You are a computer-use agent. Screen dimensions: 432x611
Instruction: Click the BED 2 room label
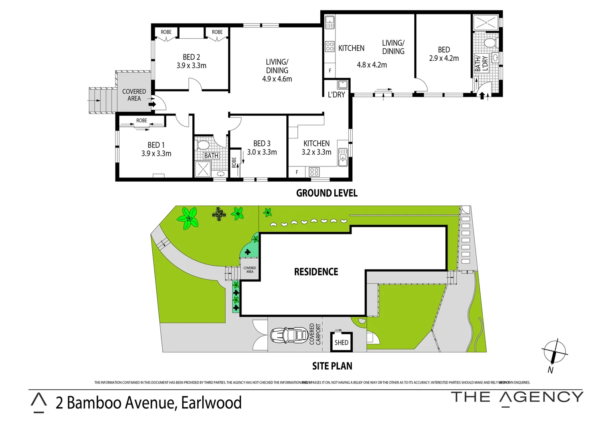tap(191, 57)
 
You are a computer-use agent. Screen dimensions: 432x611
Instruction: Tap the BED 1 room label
tap(156, 145)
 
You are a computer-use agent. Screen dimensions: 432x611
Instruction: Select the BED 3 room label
tap(262, 143)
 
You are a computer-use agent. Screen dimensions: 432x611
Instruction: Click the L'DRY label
tap(336, 95)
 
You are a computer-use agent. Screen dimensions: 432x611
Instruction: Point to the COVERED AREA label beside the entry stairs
tap(134, 95)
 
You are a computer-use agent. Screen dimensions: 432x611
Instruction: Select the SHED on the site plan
tap(341, 342)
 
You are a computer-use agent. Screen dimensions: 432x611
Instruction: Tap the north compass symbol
tap(554, 353)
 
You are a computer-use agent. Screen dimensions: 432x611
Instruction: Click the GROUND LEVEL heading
tap(327, 193)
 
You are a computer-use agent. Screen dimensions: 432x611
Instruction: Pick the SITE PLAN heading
tap(332, 366)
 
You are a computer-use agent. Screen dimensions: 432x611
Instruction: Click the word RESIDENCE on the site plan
tap(316, 272)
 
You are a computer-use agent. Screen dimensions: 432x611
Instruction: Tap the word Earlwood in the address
tap(211, 402)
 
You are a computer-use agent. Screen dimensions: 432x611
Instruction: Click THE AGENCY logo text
tap(517, 397)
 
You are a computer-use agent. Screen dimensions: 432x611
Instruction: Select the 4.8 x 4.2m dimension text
tap(372, 65)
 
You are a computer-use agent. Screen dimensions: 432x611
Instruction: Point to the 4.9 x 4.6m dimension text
tap(277, 79)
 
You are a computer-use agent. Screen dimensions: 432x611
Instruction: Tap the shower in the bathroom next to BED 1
tap(203, 169)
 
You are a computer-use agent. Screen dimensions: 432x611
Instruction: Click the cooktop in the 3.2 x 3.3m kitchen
tap(314, 172)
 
